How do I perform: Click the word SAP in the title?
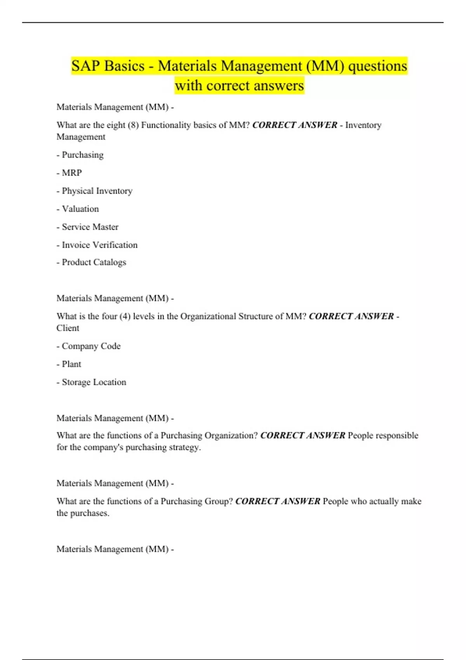tap(85, 66)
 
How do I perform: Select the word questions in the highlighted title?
tap(377, 66)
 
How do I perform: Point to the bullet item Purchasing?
tap(82, 155)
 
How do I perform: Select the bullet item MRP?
tap(72, 173)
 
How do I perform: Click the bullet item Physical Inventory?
tap(97, 191)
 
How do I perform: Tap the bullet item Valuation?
tap(80, 209)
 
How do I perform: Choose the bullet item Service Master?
tap(90, 227)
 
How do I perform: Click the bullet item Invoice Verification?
tap(99, 245)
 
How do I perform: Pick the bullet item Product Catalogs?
tap(94, 262)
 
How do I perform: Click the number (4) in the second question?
tap(125, 316)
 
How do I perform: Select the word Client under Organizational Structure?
tap(68, 328)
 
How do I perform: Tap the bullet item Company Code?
tap(91, 346)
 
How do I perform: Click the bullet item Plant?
tap(71, 364)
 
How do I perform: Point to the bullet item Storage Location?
tap(94, 382)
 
